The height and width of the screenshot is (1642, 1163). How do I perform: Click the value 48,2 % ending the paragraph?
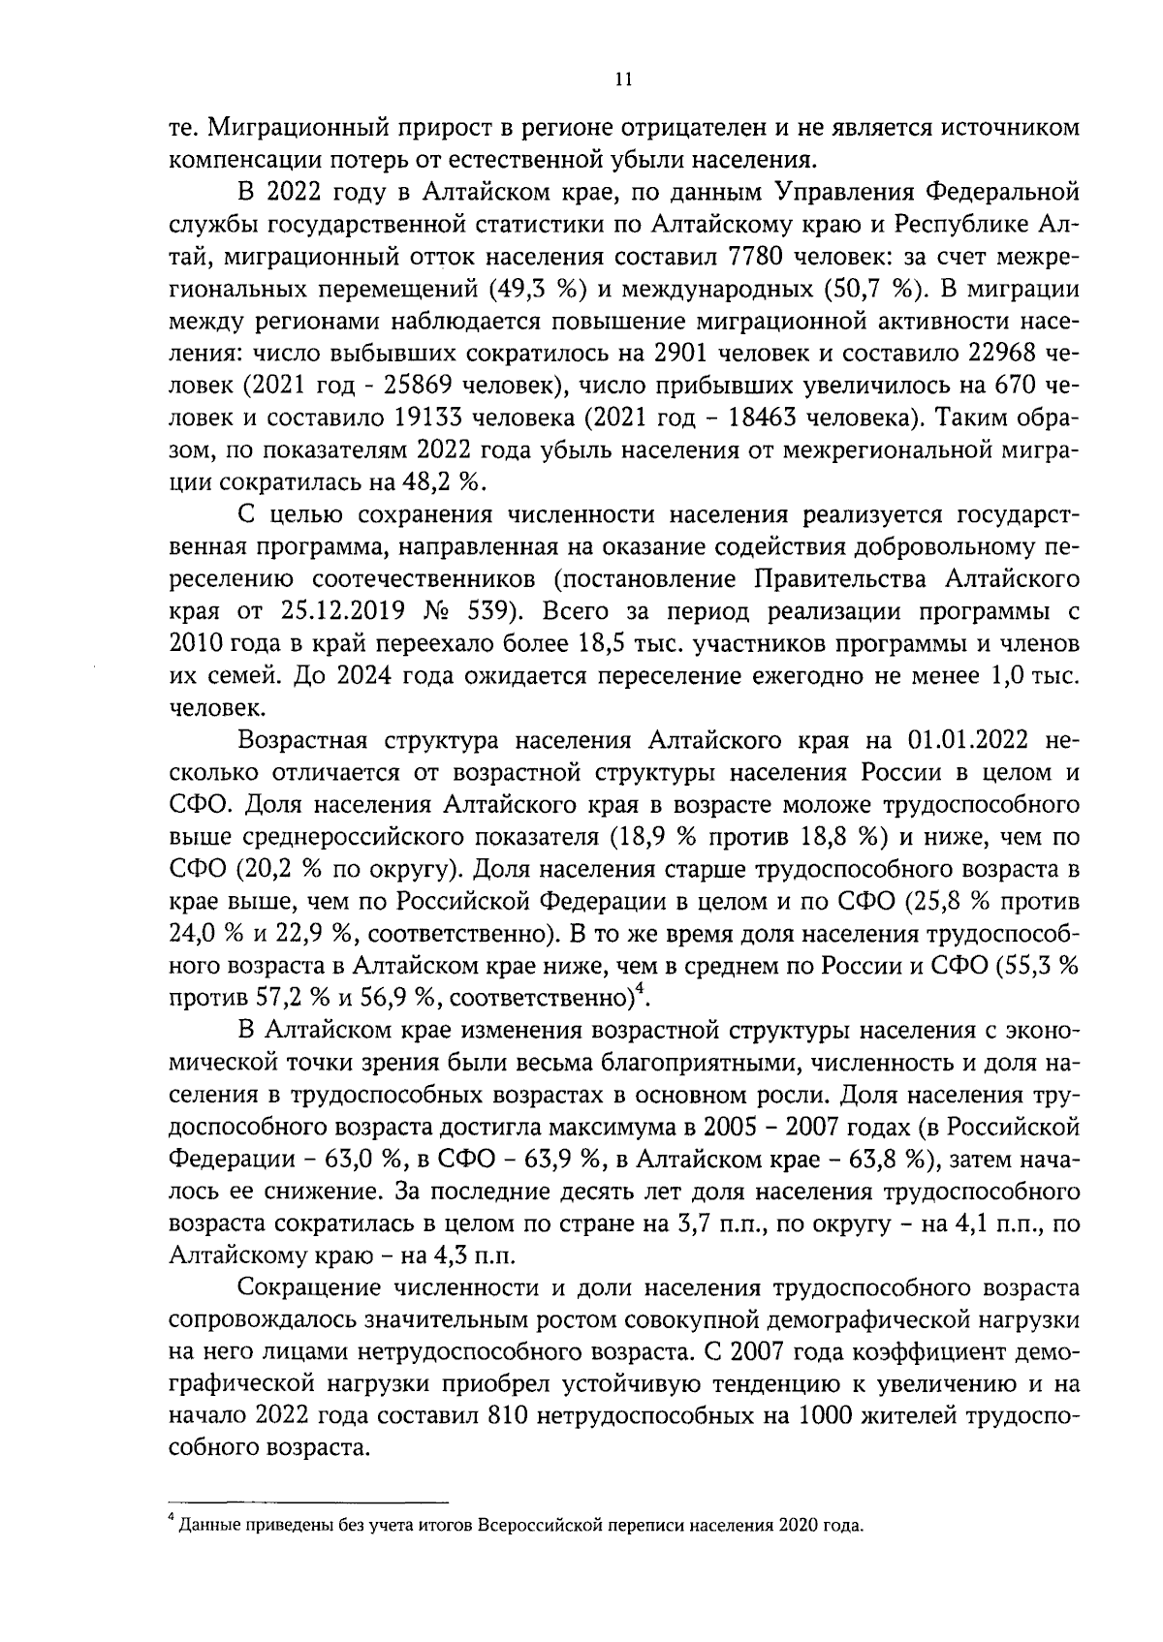click(x=450, y=481)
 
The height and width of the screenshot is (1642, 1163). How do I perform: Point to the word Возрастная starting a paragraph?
click(x=306, y=741)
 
